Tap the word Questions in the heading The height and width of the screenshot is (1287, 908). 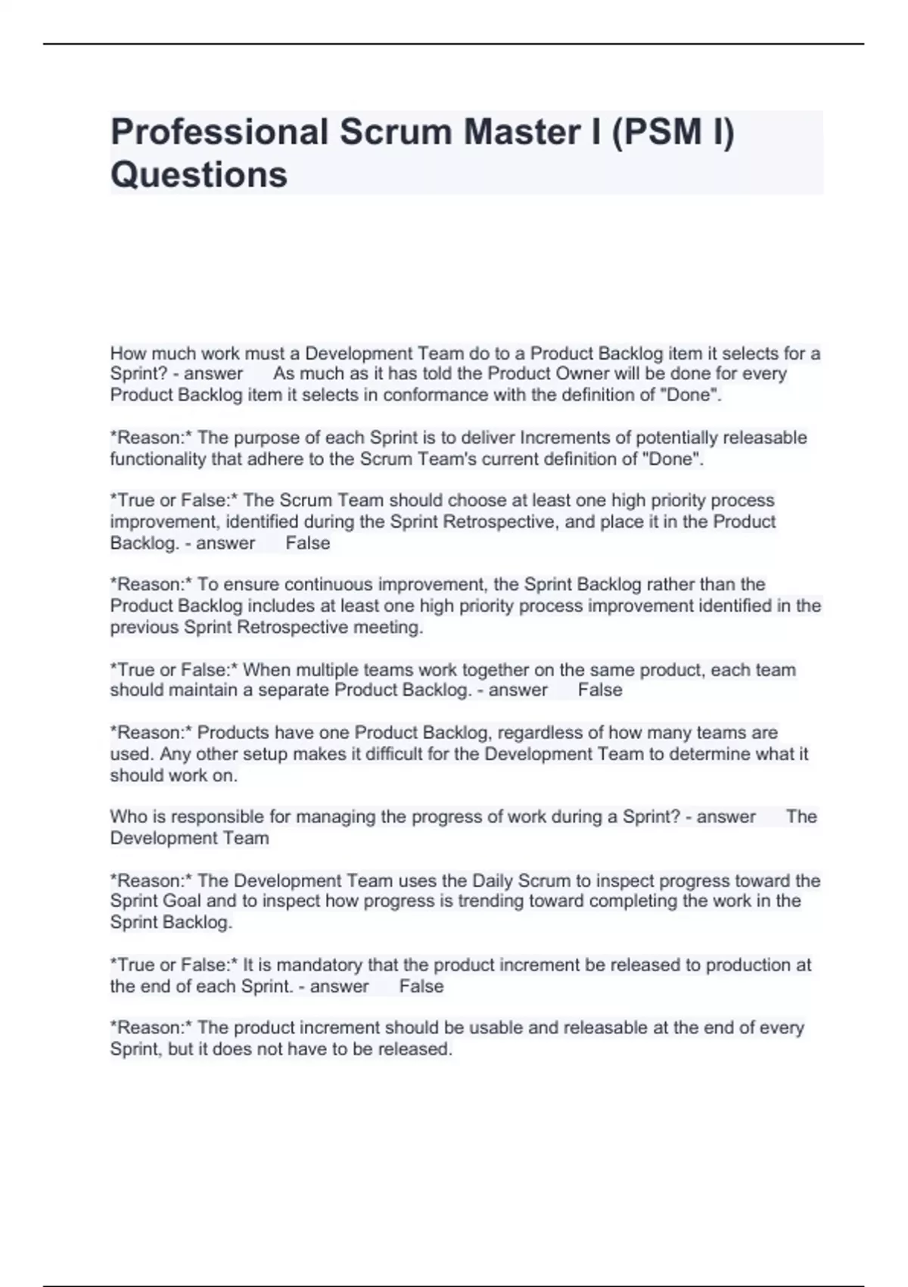(x=199, y=174)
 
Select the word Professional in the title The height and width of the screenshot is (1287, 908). (x=219, y=132)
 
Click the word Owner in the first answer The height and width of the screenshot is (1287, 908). (x=583, y=374)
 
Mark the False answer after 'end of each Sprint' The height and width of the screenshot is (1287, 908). (x=421, y=986)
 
